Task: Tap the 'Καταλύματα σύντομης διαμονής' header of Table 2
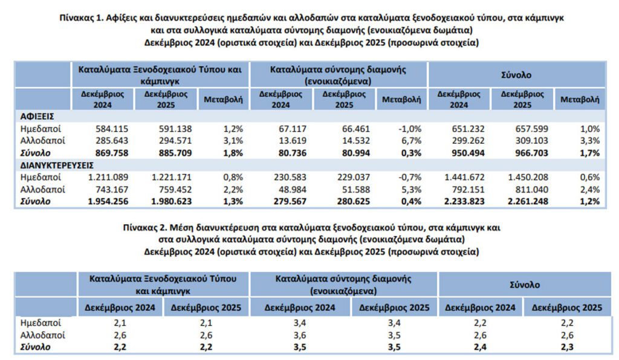pyautogui.click(x=343, y=280)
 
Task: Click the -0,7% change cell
pyautogui.click(x=409, y=177)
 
